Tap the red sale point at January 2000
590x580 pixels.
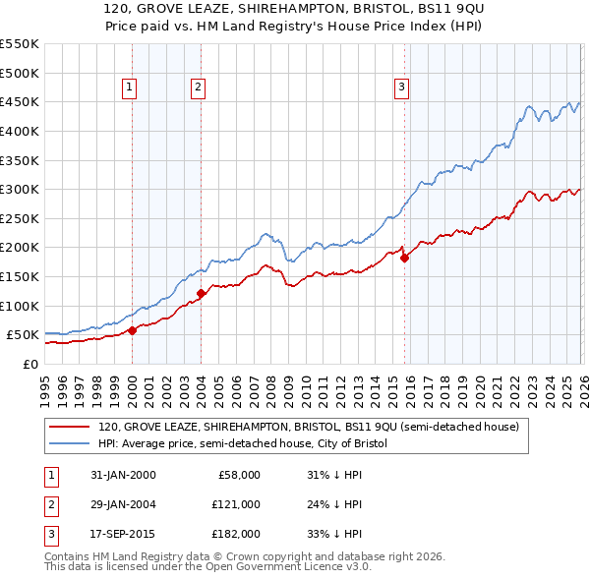point(132,330)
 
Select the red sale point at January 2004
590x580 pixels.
point(201,293)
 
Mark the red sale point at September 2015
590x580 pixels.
point(404,259)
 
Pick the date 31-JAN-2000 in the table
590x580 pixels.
point(121,475)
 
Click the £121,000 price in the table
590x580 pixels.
point(236,504)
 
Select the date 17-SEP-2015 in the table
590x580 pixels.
point(121,534)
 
